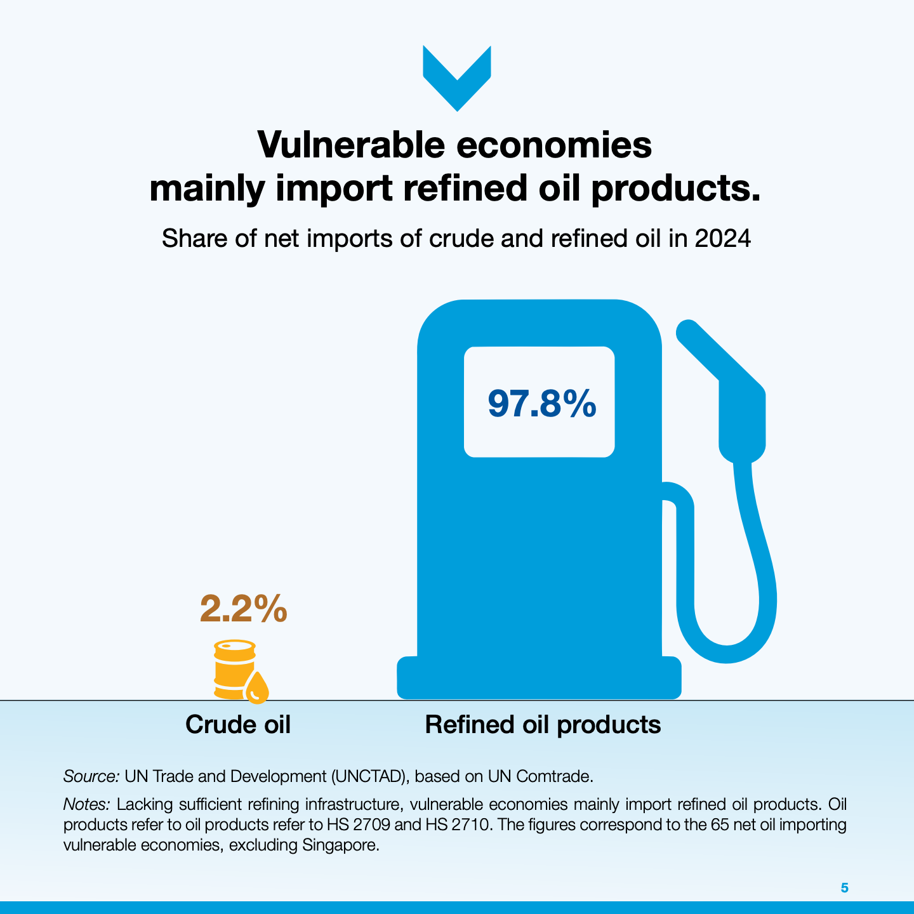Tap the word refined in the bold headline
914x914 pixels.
tap(465, 188)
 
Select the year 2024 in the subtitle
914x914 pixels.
tap(723, 238)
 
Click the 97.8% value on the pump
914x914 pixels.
tap(541, 403)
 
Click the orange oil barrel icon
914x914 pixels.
tap(235, 669)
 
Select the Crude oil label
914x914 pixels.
tap(237, 724)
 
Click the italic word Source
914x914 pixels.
tap(91, 776)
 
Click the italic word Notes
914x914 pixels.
tap(86, 804)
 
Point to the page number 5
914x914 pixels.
tap(844, 887)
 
